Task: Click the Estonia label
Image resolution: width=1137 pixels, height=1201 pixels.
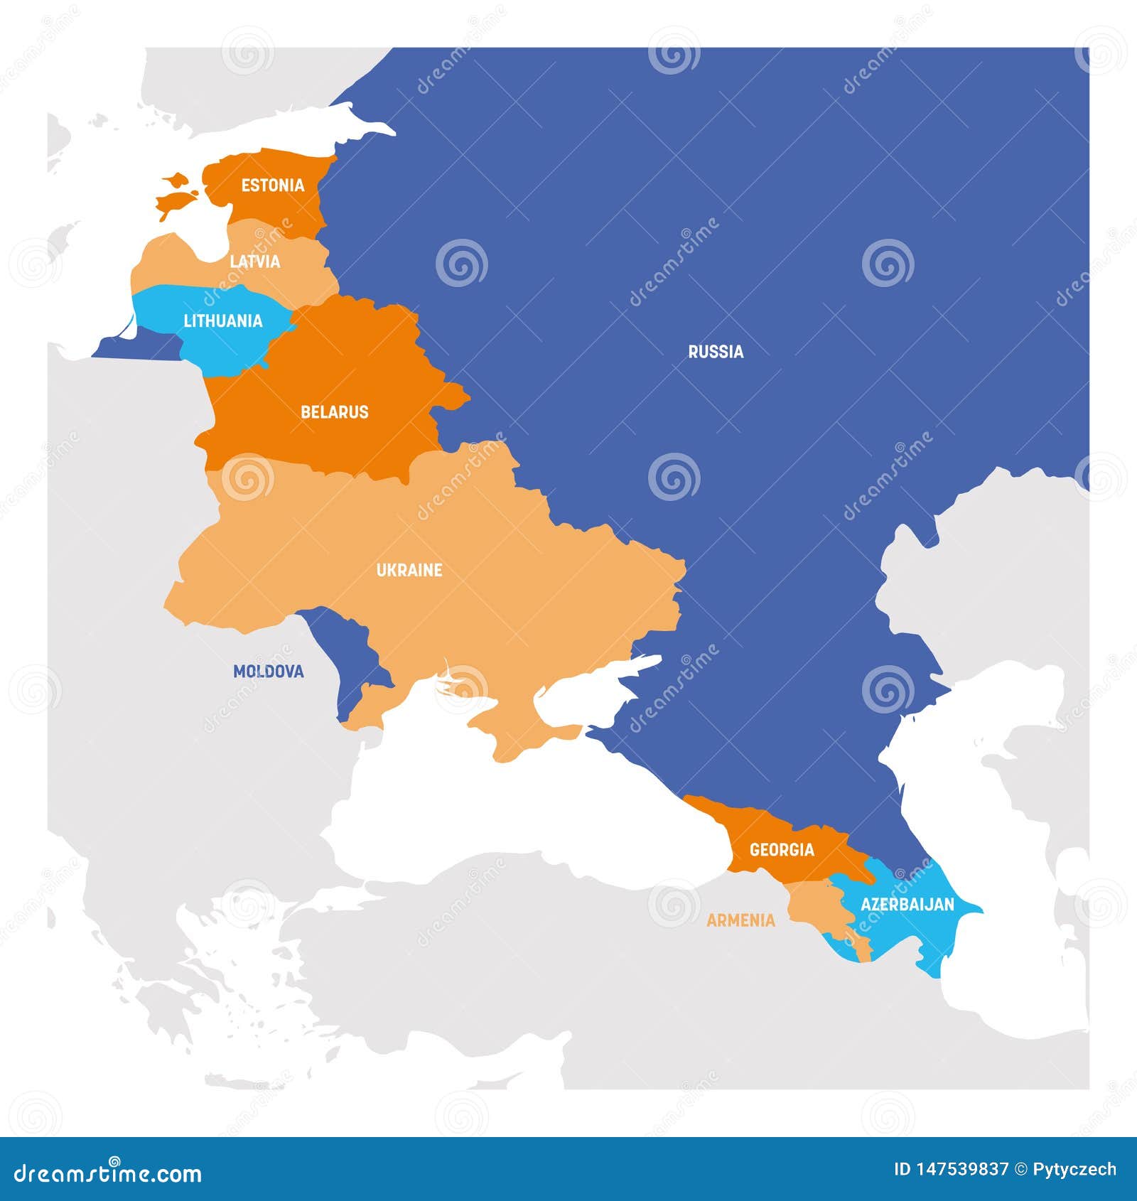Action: click(272, 185)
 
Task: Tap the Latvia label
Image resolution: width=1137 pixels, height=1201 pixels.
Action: click(254, 262)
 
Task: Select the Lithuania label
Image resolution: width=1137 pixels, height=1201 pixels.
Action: click(223, 321)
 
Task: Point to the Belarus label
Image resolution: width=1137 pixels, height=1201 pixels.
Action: click(334, 411)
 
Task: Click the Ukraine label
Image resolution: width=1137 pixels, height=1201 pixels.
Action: click(409, 570)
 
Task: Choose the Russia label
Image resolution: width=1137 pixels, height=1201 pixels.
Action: click(716, 351)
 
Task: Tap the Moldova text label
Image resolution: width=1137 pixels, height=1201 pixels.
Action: click(268, 671)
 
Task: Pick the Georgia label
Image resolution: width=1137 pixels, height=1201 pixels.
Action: click(782, 849)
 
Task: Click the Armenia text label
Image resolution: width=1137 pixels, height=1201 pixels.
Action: click(740, 920)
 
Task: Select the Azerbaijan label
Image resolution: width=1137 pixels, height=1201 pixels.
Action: click(907, 904)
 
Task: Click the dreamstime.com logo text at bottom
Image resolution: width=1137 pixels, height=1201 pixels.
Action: click(108, 1173)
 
